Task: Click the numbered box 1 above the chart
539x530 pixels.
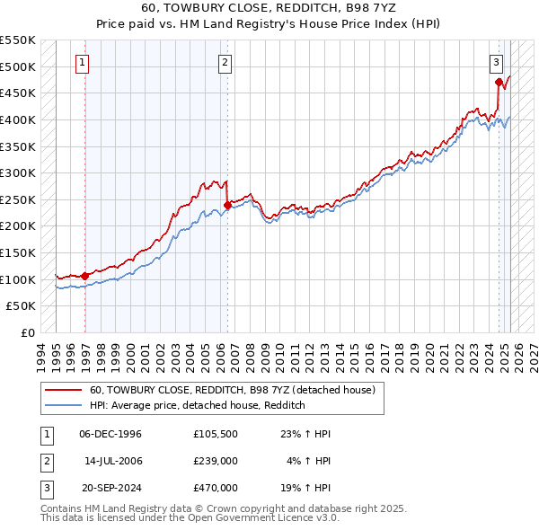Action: (x=82, y=63)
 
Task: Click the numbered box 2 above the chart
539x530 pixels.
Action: (x=224, y=63)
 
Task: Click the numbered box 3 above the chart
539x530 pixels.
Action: (x=496, y=63)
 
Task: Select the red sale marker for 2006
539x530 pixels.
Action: (x=227, y=205)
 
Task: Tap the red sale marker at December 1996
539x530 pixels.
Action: (x=85, y=276)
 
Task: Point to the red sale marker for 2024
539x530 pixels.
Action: (x=499, y=82)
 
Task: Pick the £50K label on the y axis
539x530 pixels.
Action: (x=22, y=305)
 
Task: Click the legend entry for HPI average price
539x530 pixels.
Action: (x=198, y=405)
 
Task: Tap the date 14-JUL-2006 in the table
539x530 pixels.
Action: (x=113, y=461)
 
